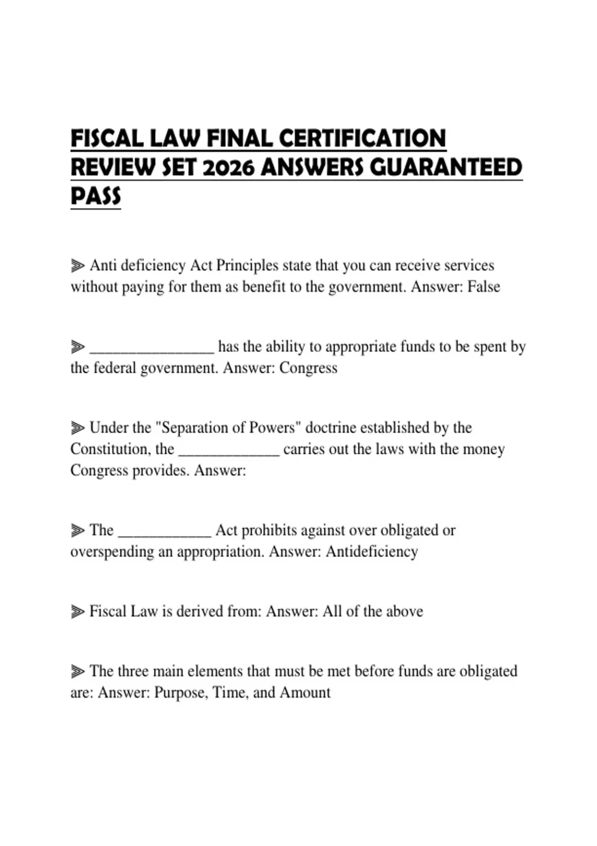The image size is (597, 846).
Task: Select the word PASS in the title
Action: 96,196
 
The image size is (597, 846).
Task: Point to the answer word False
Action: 483,287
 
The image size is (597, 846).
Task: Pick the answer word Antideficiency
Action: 372,551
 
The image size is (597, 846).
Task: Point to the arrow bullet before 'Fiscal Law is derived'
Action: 77,612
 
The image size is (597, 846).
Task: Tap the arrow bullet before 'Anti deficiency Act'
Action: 77,266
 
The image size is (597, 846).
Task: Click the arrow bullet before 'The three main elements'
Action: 77,671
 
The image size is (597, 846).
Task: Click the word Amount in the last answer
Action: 305,692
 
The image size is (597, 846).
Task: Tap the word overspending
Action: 112,552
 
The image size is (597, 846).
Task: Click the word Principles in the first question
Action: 247,266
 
